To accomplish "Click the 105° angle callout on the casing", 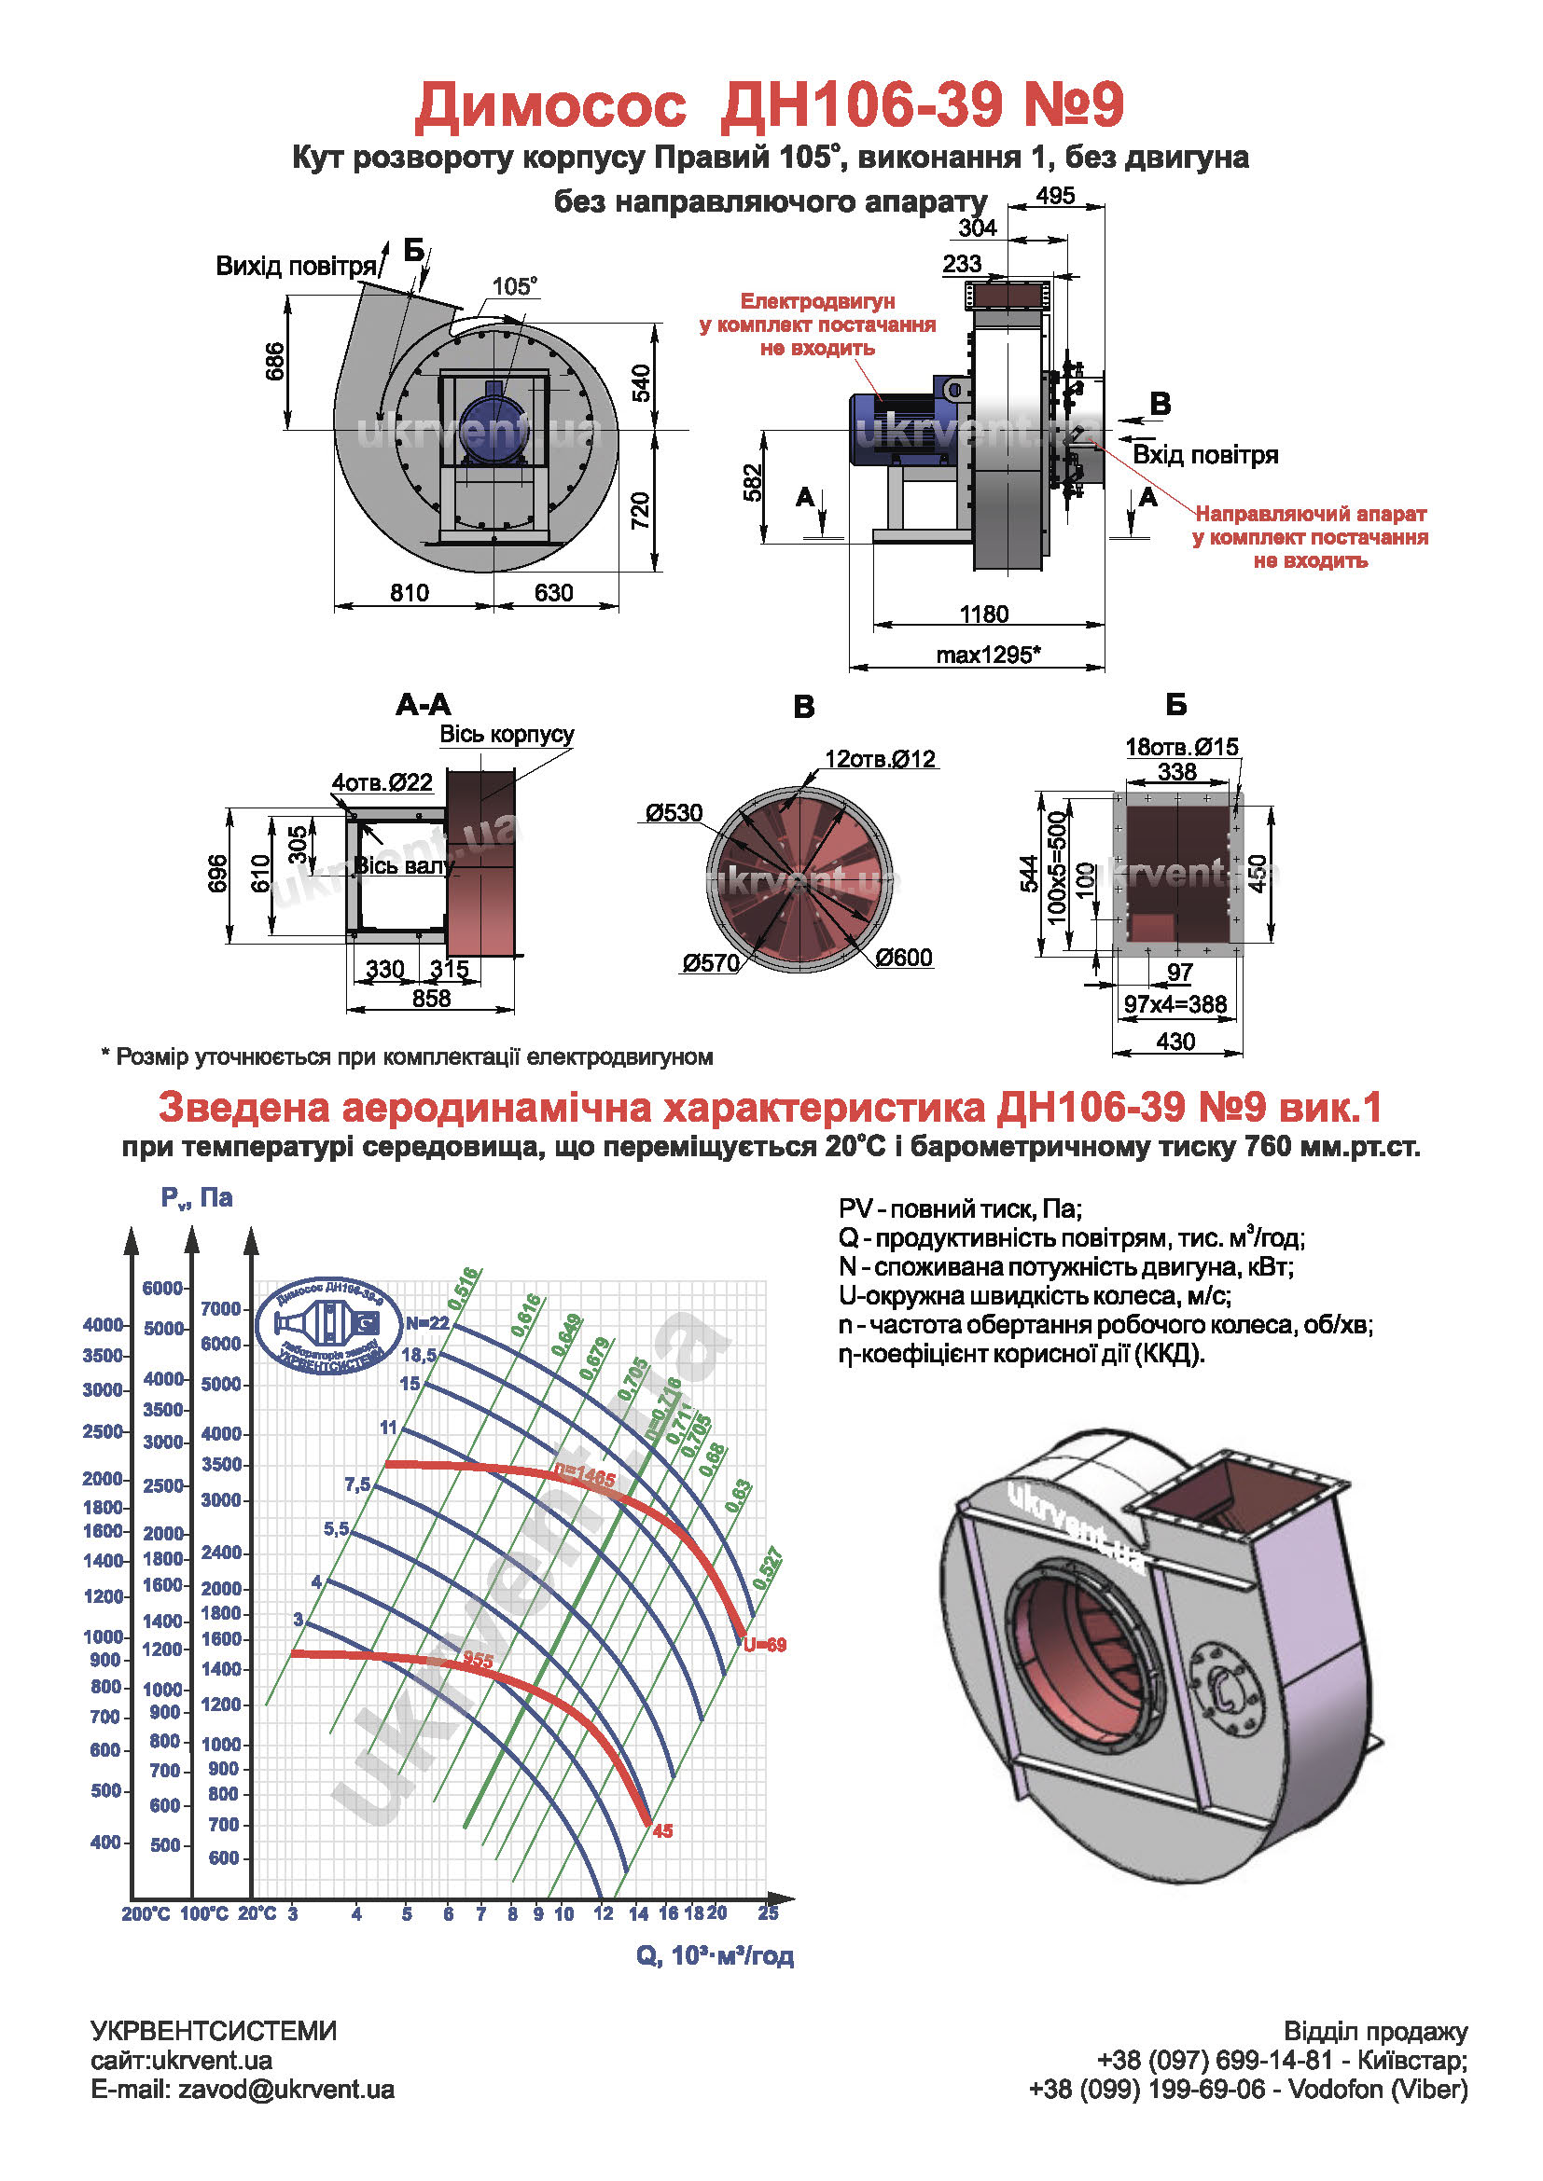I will click(514, 286).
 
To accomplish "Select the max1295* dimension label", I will click(988, 655).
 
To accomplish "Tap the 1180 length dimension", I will click(983, 614).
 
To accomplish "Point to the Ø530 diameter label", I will click(674, 813).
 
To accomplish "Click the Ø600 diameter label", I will click(904, 958).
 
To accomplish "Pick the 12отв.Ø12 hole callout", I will click(880, 759).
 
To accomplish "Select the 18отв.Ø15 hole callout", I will click(1181, 747).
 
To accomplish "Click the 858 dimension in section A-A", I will click(431, 999).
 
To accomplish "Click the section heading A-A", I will click(424, 705).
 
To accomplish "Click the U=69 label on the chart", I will click(765, 1645).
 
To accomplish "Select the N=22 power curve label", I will click(427, 1323).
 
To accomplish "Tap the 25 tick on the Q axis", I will click(768, 1913).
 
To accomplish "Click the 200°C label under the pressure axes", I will click(146, 1914).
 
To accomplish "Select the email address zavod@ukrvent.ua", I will click(286, 2090).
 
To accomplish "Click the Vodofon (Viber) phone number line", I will click(1247, 2090).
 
